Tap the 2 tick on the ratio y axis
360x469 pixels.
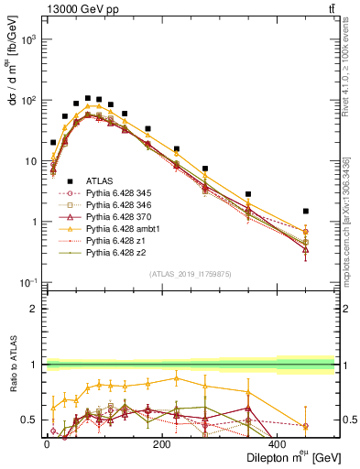pyautogui.click(x=33, y=309)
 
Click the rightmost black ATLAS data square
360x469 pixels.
pyautogui.click(x=306, y=211)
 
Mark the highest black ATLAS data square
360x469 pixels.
pyautogui.click(x=88, y=98)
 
